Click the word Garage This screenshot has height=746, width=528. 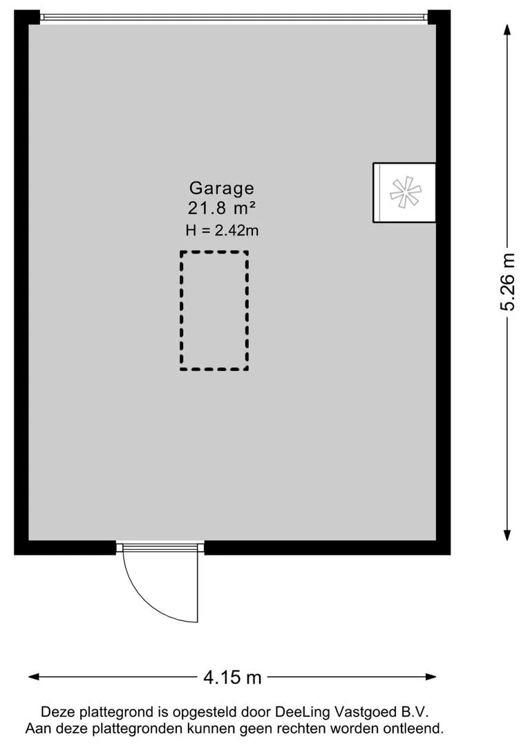222,188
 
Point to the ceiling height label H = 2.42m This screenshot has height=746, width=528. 222,230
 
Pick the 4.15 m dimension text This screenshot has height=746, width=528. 232,678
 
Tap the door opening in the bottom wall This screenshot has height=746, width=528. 160,547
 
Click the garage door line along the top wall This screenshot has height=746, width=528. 234,17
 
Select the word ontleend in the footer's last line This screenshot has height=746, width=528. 414,728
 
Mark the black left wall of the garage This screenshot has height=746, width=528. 21,276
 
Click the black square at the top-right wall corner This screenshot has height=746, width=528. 439,17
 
